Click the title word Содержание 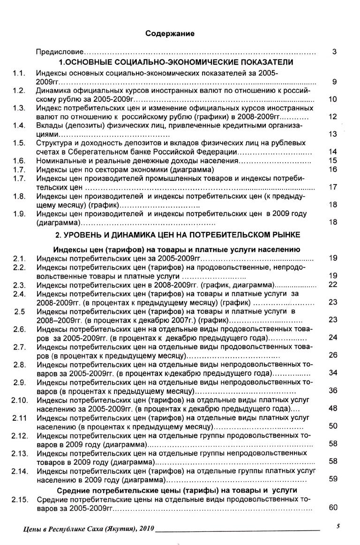(170, 34)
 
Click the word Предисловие (60, 52)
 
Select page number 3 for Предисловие (334, 52)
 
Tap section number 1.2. (19, 90)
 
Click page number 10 (333, 99)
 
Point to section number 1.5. (19, 143)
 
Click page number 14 (333, 152)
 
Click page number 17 (333, 187)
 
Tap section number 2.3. (19, 284)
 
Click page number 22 (333, 284)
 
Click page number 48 (333, 408)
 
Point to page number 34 (333, 373)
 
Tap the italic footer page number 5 (337, 526)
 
